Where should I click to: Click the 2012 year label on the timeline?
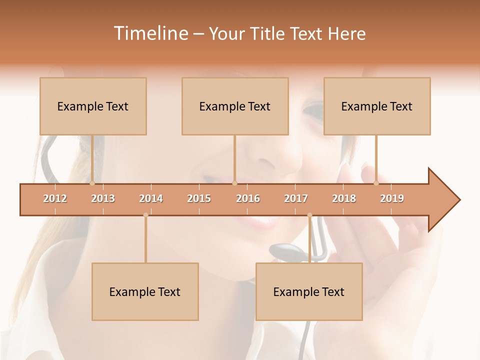point(55,198)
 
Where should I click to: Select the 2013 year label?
point(103,198)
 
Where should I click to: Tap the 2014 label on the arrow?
point(151,198)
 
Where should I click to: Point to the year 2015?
point(199,198)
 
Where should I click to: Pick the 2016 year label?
point(248,198)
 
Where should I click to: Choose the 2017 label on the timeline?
point(296,198)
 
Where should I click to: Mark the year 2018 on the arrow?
point(344,198)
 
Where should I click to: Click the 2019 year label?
point(392,198)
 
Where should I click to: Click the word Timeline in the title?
point(150,33)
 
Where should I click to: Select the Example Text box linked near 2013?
point(93,106)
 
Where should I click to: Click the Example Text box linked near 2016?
point(235,106)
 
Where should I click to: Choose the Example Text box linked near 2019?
point(377,106)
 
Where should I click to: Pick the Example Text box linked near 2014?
point(145,291)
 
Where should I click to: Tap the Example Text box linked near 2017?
point(309,291)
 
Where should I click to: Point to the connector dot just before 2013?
point(92,183)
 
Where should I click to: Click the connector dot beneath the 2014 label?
point(145,215)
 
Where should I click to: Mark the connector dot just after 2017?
point(309,215)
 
